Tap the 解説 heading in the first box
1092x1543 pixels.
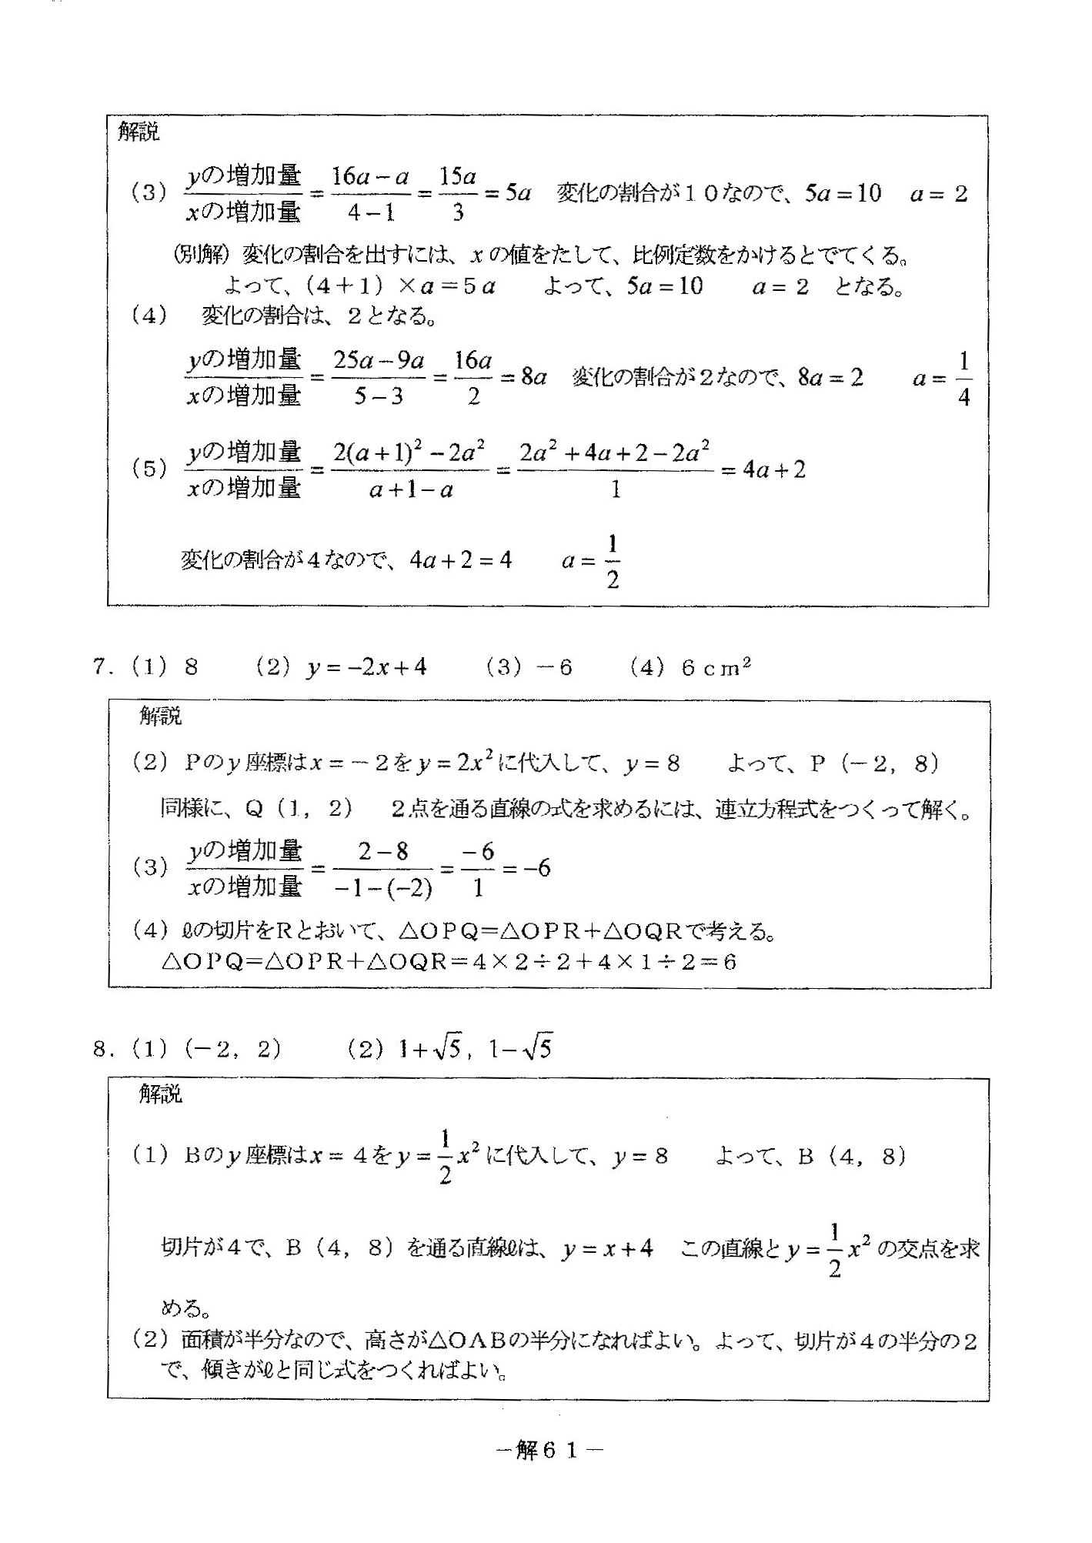point(139,132)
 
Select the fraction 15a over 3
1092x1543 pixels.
point(457,193)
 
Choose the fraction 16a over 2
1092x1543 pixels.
point(473,378)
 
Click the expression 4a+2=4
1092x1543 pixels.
point(461,560)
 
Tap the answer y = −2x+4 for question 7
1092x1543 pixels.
point(366,666)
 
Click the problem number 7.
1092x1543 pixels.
point(99,666)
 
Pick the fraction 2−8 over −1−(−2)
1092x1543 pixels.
point(384,869)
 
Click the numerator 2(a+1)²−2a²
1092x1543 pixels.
point(409,453)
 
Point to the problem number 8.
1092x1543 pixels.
point(99,1049)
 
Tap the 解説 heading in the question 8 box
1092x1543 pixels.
point(160,1094)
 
